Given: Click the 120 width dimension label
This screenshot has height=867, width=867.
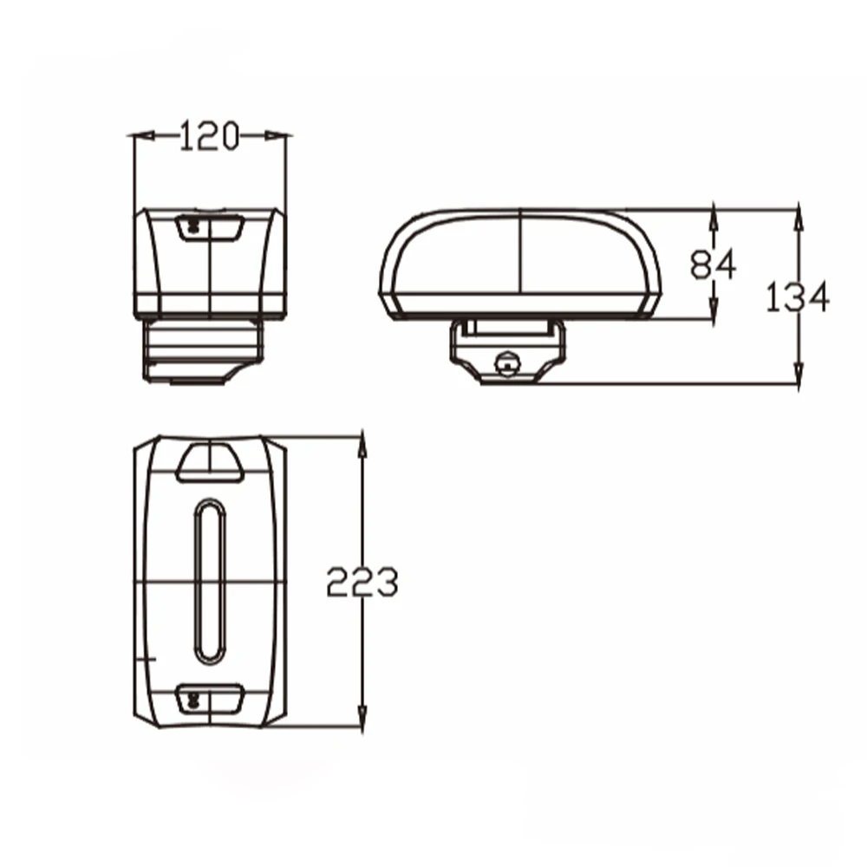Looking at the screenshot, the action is pyautogui.click(x=210, y=136).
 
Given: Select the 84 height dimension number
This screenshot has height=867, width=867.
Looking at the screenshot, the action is pyautogui.click(x=714, y=264).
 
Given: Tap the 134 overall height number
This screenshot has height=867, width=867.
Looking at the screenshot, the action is pyautogui.click(x=798, y=297).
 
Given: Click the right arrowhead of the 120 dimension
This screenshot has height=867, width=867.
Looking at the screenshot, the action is pyautogui.click(x=277, y=135).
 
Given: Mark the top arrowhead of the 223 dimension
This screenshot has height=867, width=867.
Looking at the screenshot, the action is pyautogui.click(x=362, y=445).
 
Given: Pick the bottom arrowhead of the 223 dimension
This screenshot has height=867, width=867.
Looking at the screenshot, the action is pyautogui.click(x=362, y=717).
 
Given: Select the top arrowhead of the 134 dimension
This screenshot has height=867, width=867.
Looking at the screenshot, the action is pyautogui.click(x=799, y=218).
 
